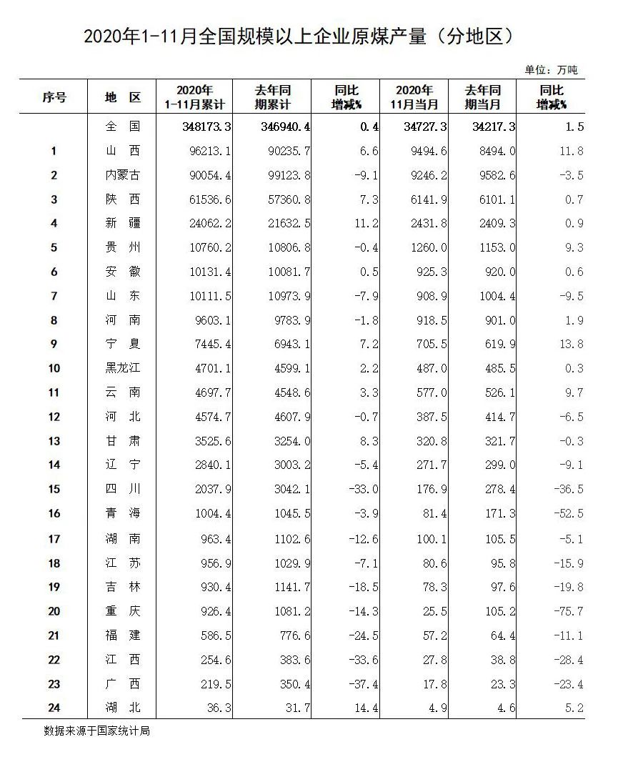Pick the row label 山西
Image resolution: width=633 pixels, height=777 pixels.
tap(122, 151)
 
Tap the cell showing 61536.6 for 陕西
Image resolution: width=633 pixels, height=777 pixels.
tap(206, 199)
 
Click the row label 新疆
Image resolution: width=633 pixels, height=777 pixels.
tap(122, 223)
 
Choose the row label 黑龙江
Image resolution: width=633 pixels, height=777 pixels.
tap(122, 368)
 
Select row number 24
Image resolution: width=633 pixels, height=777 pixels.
tap(54, 708)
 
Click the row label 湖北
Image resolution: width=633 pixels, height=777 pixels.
tap(122, 708)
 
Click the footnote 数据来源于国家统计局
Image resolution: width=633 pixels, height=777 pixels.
tap(96, 731)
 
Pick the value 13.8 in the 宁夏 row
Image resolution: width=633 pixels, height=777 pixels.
tap(570, 344)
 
